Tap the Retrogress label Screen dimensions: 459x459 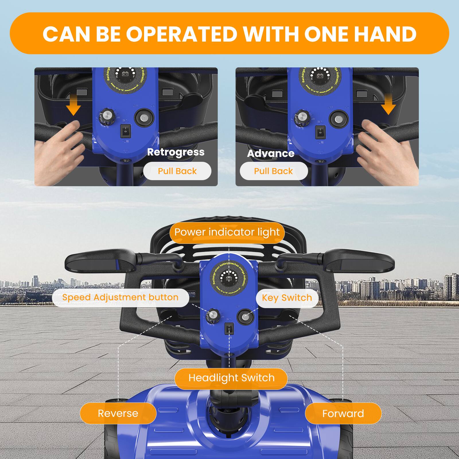point(176,152)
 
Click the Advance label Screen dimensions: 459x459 point(271,153)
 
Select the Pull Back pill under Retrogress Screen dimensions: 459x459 point(177,171)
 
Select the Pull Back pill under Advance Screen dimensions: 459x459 point(273,171)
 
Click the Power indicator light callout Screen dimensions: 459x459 point(227,232)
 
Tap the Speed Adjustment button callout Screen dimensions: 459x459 point(120,297)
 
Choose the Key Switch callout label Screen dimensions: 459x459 point(287,298)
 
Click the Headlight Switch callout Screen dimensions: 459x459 point(231,378)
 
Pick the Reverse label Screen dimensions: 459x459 point(118,413)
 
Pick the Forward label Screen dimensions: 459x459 point(343,413)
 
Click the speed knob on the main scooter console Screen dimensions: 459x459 point(212,315)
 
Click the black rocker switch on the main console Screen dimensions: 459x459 point(229,329)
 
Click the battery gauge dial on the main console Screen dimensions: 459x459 point(229,278)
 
